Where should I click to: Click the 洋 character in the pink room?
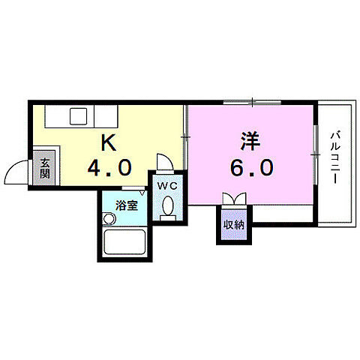(x=250, y=141)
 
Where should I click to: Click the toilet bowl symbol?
(x=167, y=205)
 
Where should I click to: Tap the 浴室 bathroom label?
(x=125, y=204)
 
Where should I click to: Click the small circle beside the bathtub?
(x=110, y=218)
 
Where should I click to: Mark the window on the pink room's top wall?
(x=252, y=102)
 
